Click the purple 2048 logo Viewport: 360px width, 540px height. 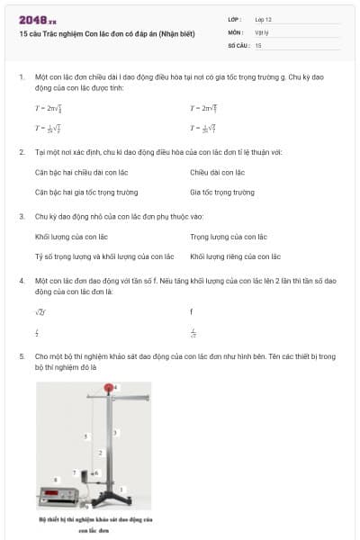[x=31, y=19]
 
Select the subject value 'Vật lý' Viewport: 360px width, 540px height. [x=261, y=31]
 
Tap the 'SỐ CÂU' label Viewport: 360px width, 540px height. [x=238, y=44]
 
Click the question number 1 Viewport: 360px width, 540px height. [x=21, y=77]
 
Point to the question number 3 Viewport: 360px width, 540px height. [x=21, y=216]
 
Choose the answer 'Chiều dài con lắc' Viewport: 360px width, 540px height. [x=217, y=172]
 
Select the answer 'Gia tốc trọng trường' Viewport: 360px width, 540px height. [x=221, y=192]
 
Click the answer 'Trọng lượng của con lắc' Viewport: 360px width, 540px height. [x=229, y=237]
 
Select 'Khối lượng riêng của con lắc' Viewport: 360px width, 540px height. [x=235, y=256]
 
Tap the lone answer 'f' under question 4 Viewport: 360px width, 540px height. [x=192, y=311]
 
